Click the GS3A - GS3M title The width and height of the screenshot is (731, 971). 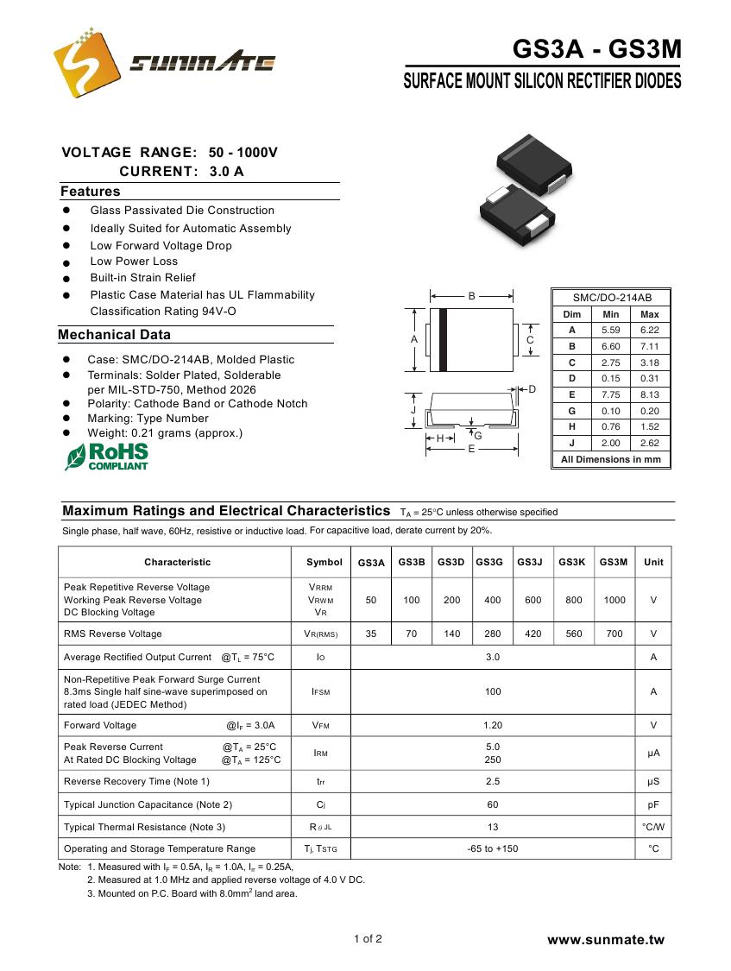596,50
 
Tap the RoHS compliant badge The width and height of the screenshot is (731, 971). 107,456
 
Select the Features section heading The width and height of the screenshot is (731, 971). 91,192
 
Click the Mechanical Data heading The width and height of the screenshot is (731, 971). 115,335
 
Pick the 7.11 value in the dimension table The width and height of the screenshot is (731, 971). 650,346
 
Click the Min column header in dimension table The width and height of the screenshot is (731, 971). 611,314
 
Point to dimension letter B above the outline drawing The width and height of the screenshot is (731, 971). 472,296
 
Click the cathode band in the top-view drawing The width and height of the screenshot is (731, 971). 444,339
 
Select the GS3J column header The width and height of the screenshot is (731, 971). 530,562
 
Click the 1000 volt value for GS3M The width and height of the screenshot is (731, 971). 614,600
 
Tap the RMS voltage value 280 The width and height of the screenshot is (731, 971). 492,634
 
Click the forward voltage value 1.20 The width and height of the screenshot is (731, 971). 492,725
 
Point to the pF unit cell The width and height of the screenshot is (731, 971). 653,804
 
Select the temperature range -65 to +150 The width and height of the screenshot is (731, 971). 492,848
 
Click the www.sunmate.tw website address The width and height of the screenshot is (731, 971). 606,940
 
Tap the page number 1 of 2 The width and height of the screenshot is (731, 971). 368,939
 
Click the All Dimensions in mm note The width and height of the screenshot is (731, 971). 610,459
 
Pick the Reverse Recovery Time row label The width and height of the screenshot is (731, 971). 136,781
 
